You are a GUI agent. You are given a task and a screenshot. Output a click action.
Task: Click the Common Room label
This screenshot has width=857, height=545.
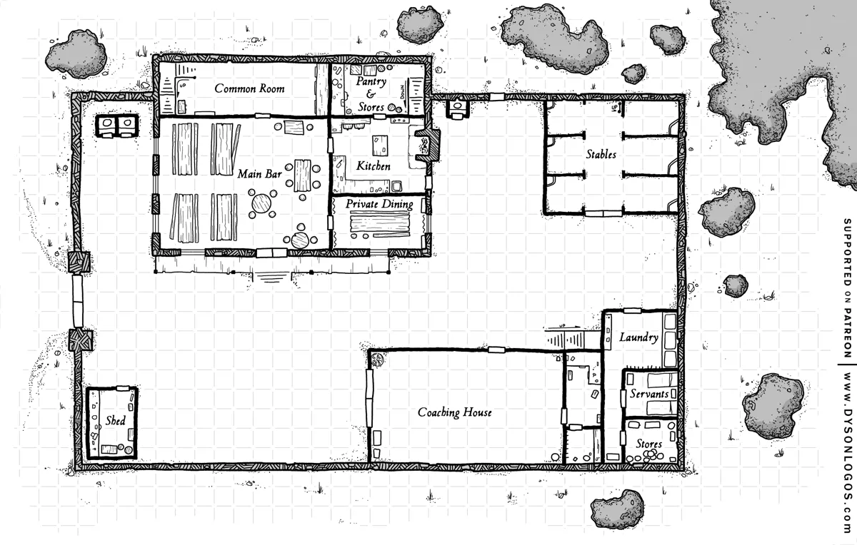point(249,88)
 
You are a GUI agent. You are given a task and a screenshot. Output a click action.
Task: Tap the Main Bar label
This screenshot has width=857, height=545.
point(259,174)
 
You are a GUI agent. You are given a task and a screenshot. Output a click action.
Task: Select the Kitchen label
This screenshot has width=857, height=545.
point(374,166)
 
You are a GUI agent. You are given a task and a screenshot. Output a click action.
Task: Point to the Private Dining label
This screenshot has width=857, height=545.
point(379,204)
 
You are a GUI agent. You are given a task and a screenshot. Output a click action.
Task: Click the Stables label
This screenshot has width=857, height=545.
point(601,154)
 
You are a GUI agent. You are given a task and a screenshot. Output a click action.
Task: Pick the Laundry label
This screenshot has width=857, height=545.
point(638,337)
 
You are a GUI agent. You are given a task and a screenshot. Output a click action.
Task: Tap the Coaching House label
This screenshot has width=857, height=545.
point(454,412)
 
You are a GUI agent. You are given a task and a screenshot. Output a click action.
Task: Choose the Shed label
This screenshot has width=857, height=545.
point(115,421)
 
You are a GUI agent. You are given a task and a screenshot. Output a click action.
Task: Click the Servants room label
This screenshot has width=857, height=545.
point(649,394)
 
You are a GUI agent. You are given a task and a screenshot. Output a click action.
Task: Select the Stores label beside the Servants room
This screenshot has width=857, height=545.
point(649,444)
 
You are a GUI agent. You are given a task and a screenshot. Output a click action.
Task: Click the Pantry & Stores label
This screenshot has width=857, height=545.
point(371,94)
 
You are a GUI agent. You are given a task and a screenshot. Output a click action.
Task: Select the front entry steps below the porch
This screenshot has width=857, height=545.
point(271,277)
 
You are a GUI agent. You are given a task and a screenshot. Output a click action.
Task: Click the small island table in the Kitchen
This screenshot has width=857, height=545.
point(380,146)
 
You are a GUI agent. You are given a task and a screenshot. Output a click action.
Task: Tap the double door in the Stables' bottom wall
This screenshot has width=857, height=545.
point(603,213)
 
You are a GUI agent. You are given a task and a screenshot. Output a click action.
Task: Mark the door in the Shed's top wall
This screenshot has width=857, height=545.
point(123,388)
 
